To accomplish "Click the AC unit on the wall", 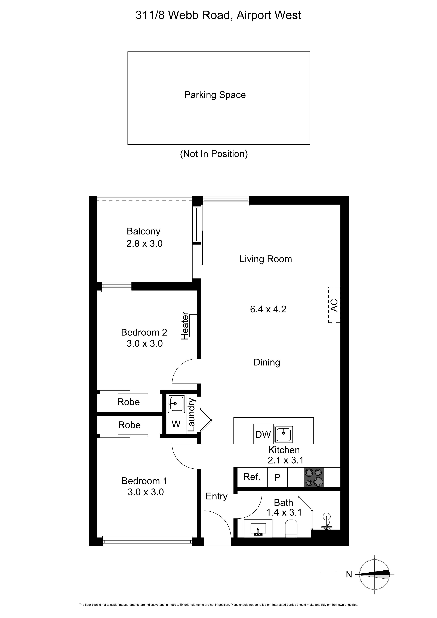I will (x=334, y=305).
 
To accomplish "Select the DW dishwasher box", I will (x=263, y=434).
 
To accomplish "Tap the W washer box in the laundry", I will (x=176, y=424).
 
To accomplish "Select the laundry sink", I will (x=176, y=404).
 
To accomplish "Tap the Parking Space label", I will (x=215, y=95).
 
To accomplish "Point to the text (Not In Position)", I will (x=214, y=154).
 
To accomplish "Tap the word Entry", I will (x=217, y=496).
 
